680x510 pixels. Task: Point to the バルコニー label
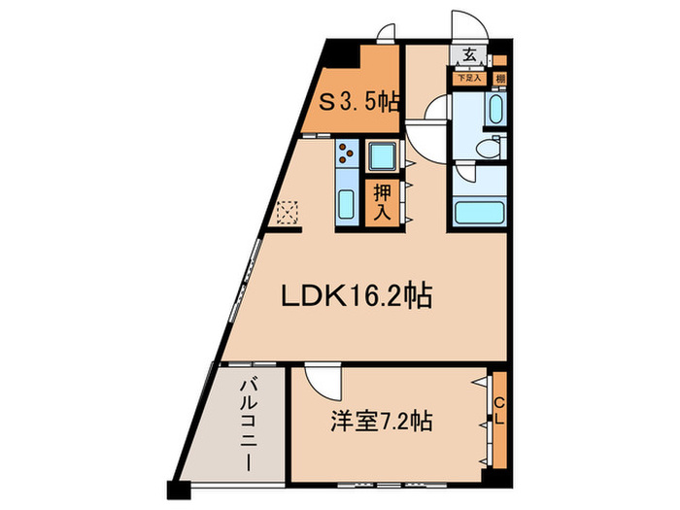[249, 425]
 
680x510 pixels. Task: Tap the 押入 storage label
[382, 202]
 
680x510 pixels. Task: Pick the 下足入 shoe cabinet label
[470, 76]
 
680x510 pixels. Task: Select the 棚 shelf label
[499, 78]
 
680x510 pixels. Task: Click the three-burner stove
[347, 153]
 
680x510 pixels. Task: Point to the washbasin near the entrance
[494, 109]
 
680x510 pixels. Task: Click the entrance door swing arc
[460, 23]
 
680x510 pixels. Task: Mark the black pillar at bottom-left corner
[175, 492]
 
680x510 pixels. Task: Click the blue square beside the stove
[380, 154]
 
